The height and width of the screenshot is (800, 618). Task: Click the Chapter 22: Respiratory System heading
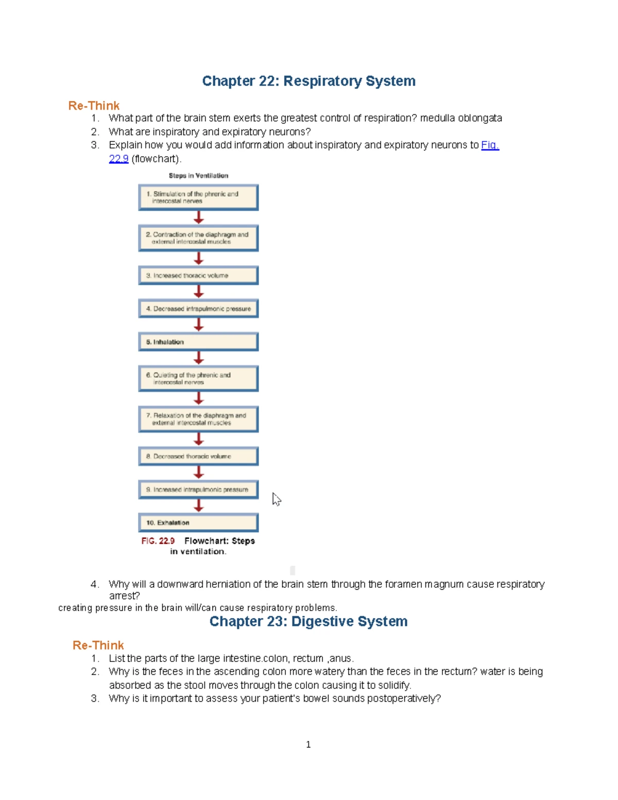coord(308,81)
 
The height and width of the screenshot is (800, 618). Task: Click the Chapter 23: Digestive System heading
coord(308,621)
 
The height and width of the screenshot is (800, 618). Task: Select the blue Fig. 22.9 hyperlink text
coord(489,145)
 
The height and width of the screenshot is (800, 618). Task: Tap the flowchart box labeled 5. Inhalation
coord(198,342)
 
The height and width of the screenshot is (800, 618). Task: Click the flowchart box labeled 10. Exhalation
coord(198,522)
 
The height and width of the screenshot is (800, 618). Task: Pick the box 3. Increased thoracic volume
coord(198,276)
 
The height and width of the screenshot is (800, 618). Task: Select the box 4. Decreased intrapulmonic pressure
coord(198,309)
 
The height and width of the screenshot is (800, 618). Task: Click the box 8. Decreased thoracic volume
coord(198,456)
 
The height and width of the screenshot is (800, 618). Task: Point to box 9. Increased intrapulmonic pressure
coord(198,489)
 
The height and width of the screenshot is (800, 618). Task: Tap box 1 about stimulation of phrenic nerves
coord(198,197)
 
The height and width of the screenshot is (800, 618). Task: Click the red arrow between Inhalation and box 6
coord(199,358)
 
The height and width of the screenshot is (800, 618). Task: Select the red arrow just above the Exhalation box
coord(199,505)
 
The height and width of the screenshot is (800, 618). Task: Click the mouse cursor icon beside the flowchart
coord(276,499)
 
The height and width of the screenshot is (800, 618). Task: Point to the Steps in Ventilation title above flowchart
coord(198,176)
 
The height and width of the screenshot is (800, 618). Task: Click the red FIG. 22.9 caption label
coord(158,541)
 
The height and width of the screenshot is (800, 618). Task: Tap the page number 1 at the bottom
coord(308,744)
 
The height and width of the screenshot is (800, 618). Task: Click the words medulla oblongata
coord(460,118)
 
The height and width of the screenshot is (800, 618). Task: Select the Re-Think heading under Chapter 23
coord(98,645)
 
